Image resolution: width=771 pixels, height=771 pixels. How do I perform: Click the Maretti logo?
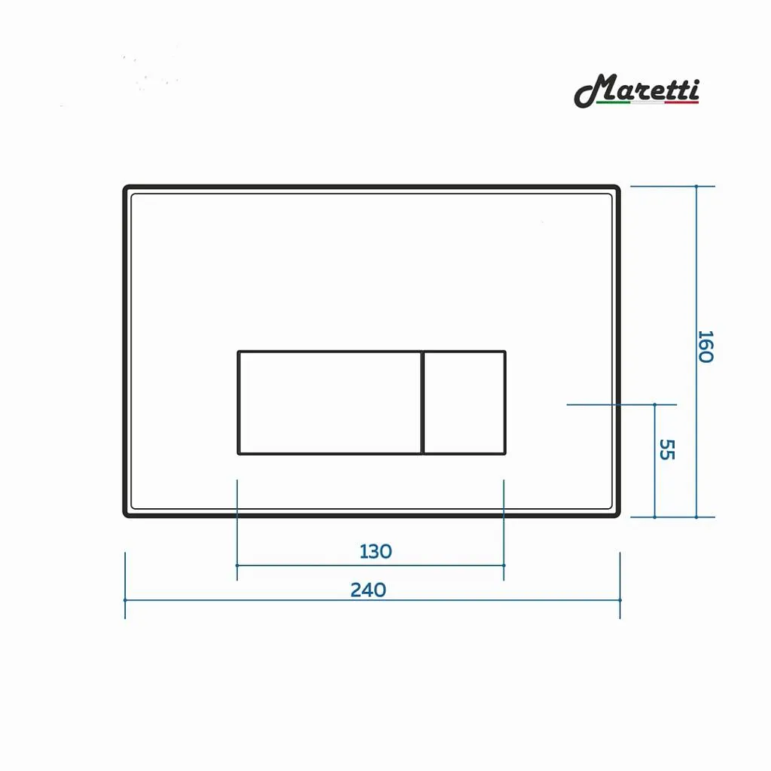coord(637,90)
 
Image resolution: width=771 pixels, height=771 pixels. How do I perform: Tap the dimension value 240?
coord(368,590)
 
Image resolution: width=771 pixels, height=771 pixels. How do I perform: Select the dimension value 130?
coord(376,551)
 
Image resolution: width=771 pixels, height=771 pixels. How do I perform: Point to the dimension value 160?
coord(704,346)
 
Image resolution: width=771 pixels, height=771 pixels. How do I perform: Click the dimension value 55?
coord(666,449)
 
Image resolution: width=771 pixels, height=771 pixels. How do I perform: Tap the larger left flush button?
coord(329,402)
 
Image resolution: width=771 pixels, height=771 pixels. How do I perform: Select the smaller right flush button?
coord(464,402)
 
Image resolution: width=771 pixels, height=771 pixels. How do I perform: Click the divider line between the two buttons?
coord(422,402)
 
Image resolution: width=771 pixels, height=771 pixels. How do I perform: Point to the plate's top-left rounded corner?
coord(127,189)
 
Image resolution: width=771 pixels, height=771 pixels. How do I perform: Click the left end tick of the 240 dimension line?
coord(125,600)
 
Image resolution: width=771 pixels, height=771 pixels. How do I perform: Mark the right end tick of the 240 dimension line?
coord(620,600)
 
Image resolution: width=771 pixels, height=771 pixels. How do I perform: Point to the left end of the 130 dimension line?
coord(237,565)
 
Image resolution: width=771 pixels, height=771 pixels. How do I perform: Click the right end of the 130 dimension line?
coord(504,565)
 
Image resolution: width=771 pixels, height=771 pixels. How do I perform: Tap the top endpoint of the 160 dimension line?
coord(696,186)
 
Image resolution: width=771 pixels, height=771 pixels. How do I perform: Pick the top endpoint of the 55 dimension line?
coord(654,404)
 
